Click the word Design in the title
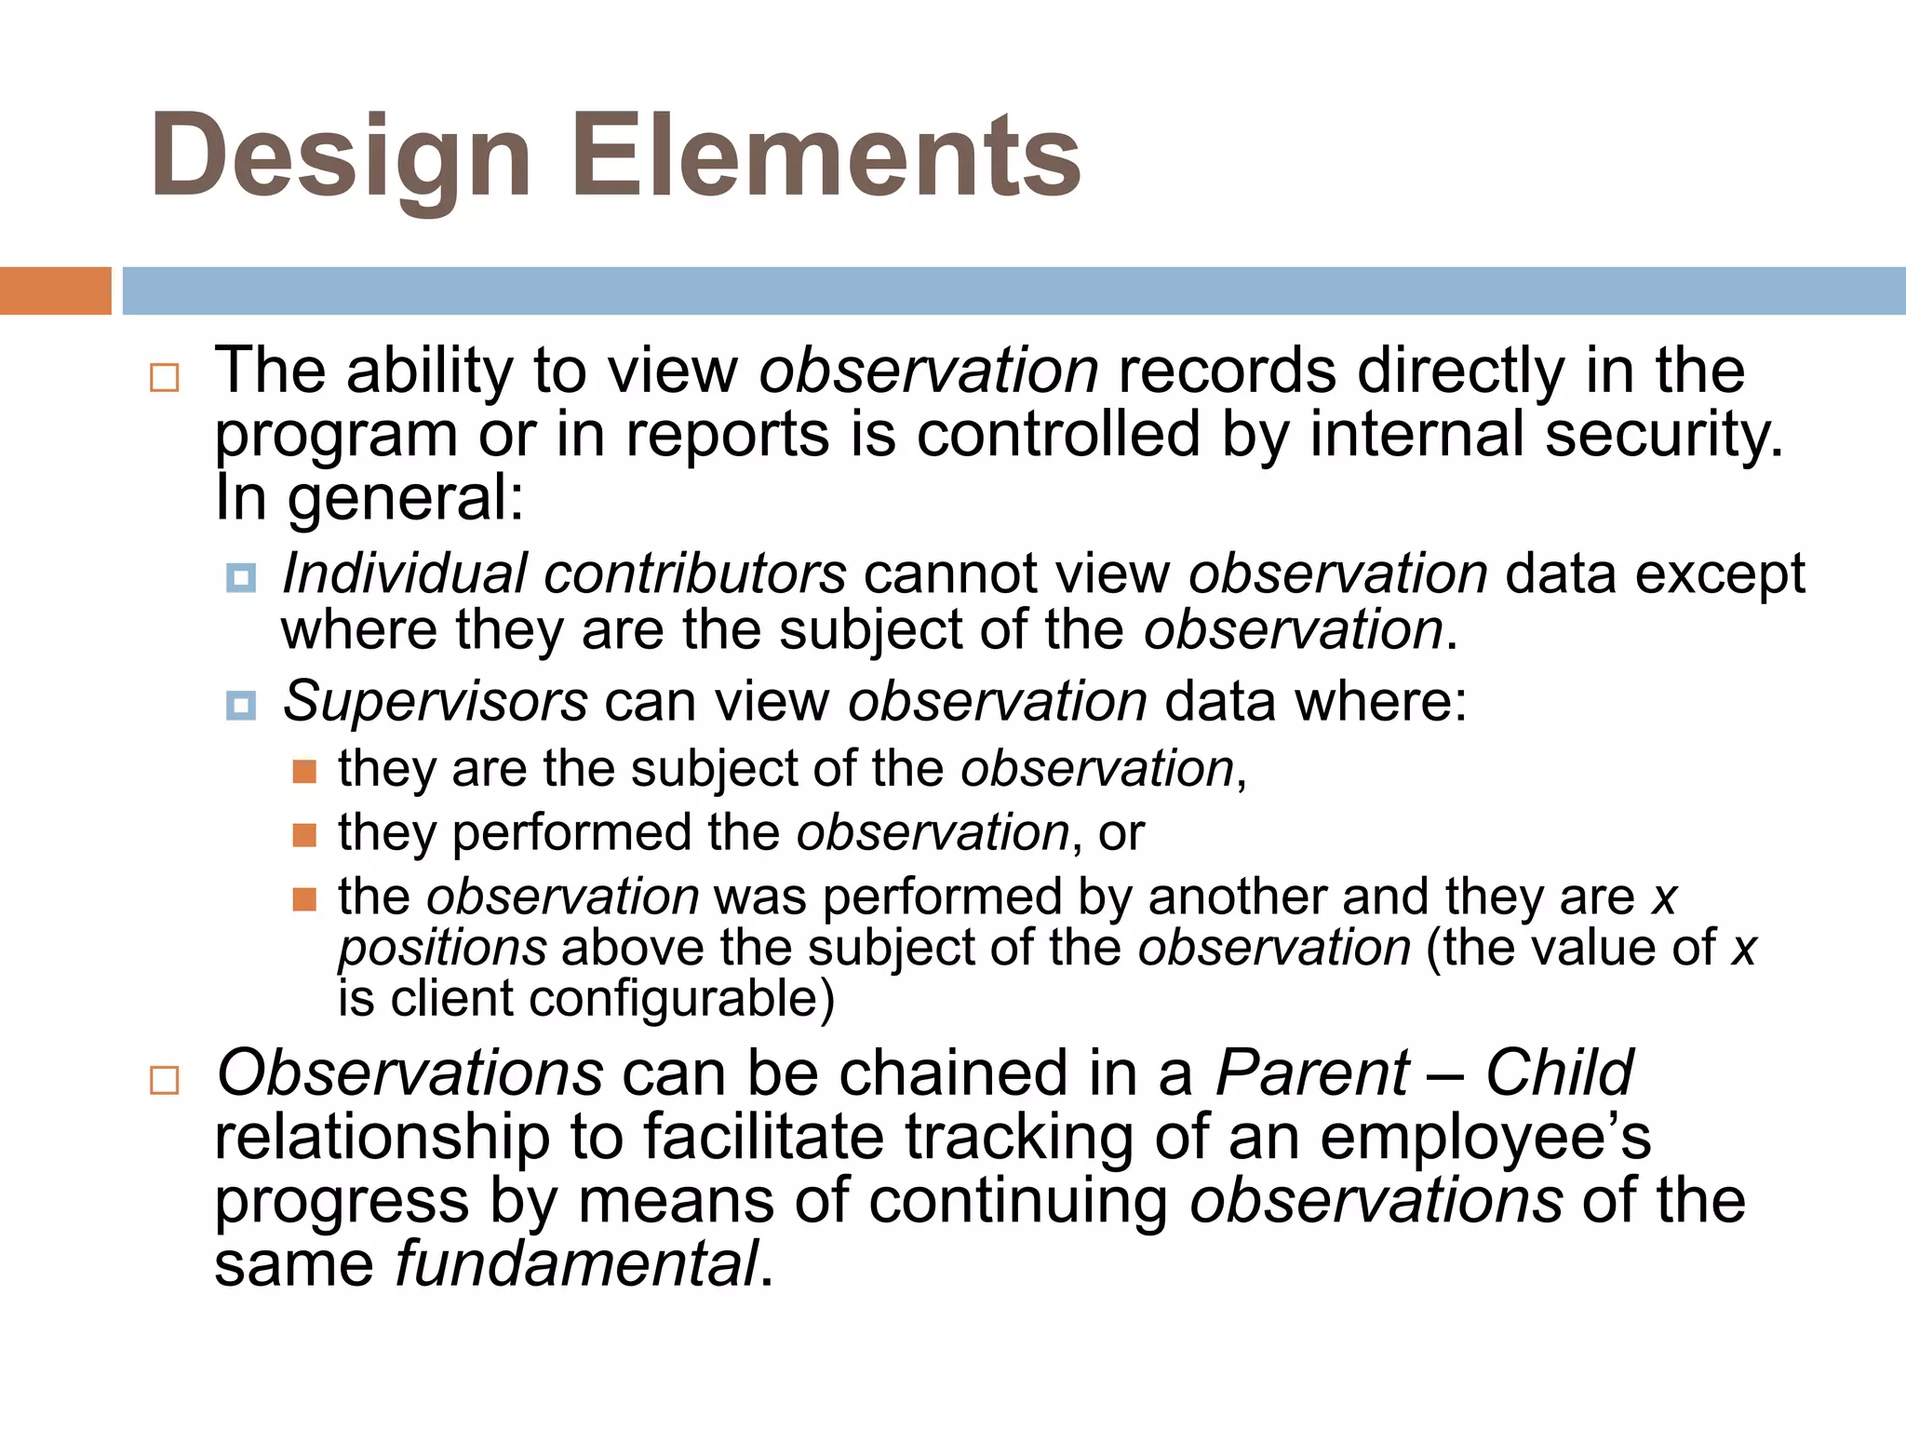pyautogui.click(x=341, y=155)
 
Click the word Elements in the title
pyautogui.click(x=825, y=155)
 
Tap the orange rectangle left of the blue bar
pyautogui.click(x=55, y=290)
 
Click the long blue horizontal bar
pyautogui.click(x=1013, y=290)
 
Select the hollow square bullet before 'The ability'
pyautogui.click(x=165, y=378)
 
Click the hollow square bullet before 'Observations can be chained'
pyautogui.click(x=165, y=1081)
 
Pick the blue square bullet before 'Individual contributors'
pyautogui.click(x=241, y=579)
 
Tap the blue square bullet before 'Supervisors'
pyautogui.click(x=241, y=706)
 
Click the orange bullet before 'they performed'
pyautogui.click(x=304, y=835)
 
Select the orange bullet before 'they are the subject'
pyautogui.click(x=304, y=772)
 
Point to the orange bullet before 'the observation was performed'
pyautogui.click(x=304, y=899)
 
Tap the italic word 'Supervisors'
pyautogui.click(x=436, y=702)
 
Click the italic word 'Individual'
pyautogui.click(x=405, y=573)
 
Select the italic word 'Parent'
pyautogui.click(x=1312, y=1073)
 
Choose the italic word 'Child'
pyautogui.click(x=1559, y=1073)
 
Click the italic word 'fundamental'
pyautogui.click(x=577, y=1264)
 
